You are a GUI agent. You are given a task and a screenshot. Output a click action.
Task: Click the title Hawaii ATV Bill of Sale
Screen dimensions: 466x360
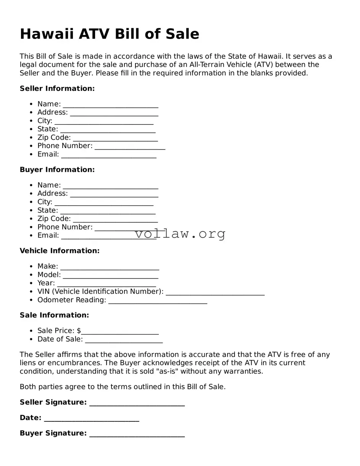pyautogui.click(x=109, y=34)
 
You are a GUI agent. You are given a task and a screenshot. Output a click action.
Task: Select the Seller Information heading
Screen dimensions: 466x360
pyautogui.click(x=57, y=89)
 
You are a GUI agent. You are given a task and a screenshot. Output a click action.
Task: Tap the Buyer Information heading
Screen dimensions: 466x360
pyautogui.click(x=57, y=169)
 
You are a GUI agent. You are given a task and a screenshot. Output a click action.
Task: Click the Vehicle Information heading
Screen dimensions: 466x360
pyautogui.click(x=60, y=251)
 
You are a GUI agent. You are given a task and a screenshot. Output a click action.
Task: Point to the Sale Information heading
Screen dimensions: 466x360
pyautogui.click(x=54, y=315)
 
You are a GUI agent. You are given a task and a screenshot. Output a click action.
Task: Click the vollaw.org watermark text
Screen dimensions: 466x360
pyautogui.click(x=180, y=234)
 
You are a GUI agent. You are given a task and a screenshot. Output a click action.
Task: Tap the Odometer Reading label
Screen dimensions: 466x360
pyautogui.click(x=71, y=300)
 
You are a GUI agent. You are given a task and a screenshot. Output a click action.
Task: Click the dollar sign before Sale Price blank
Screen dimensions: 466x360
pyautogui.click(x=79, y=331)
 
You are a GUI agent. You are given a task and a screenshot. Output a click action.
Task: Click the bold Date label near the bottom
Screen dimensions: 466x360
pyautogui.click(x=30, y=418)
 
